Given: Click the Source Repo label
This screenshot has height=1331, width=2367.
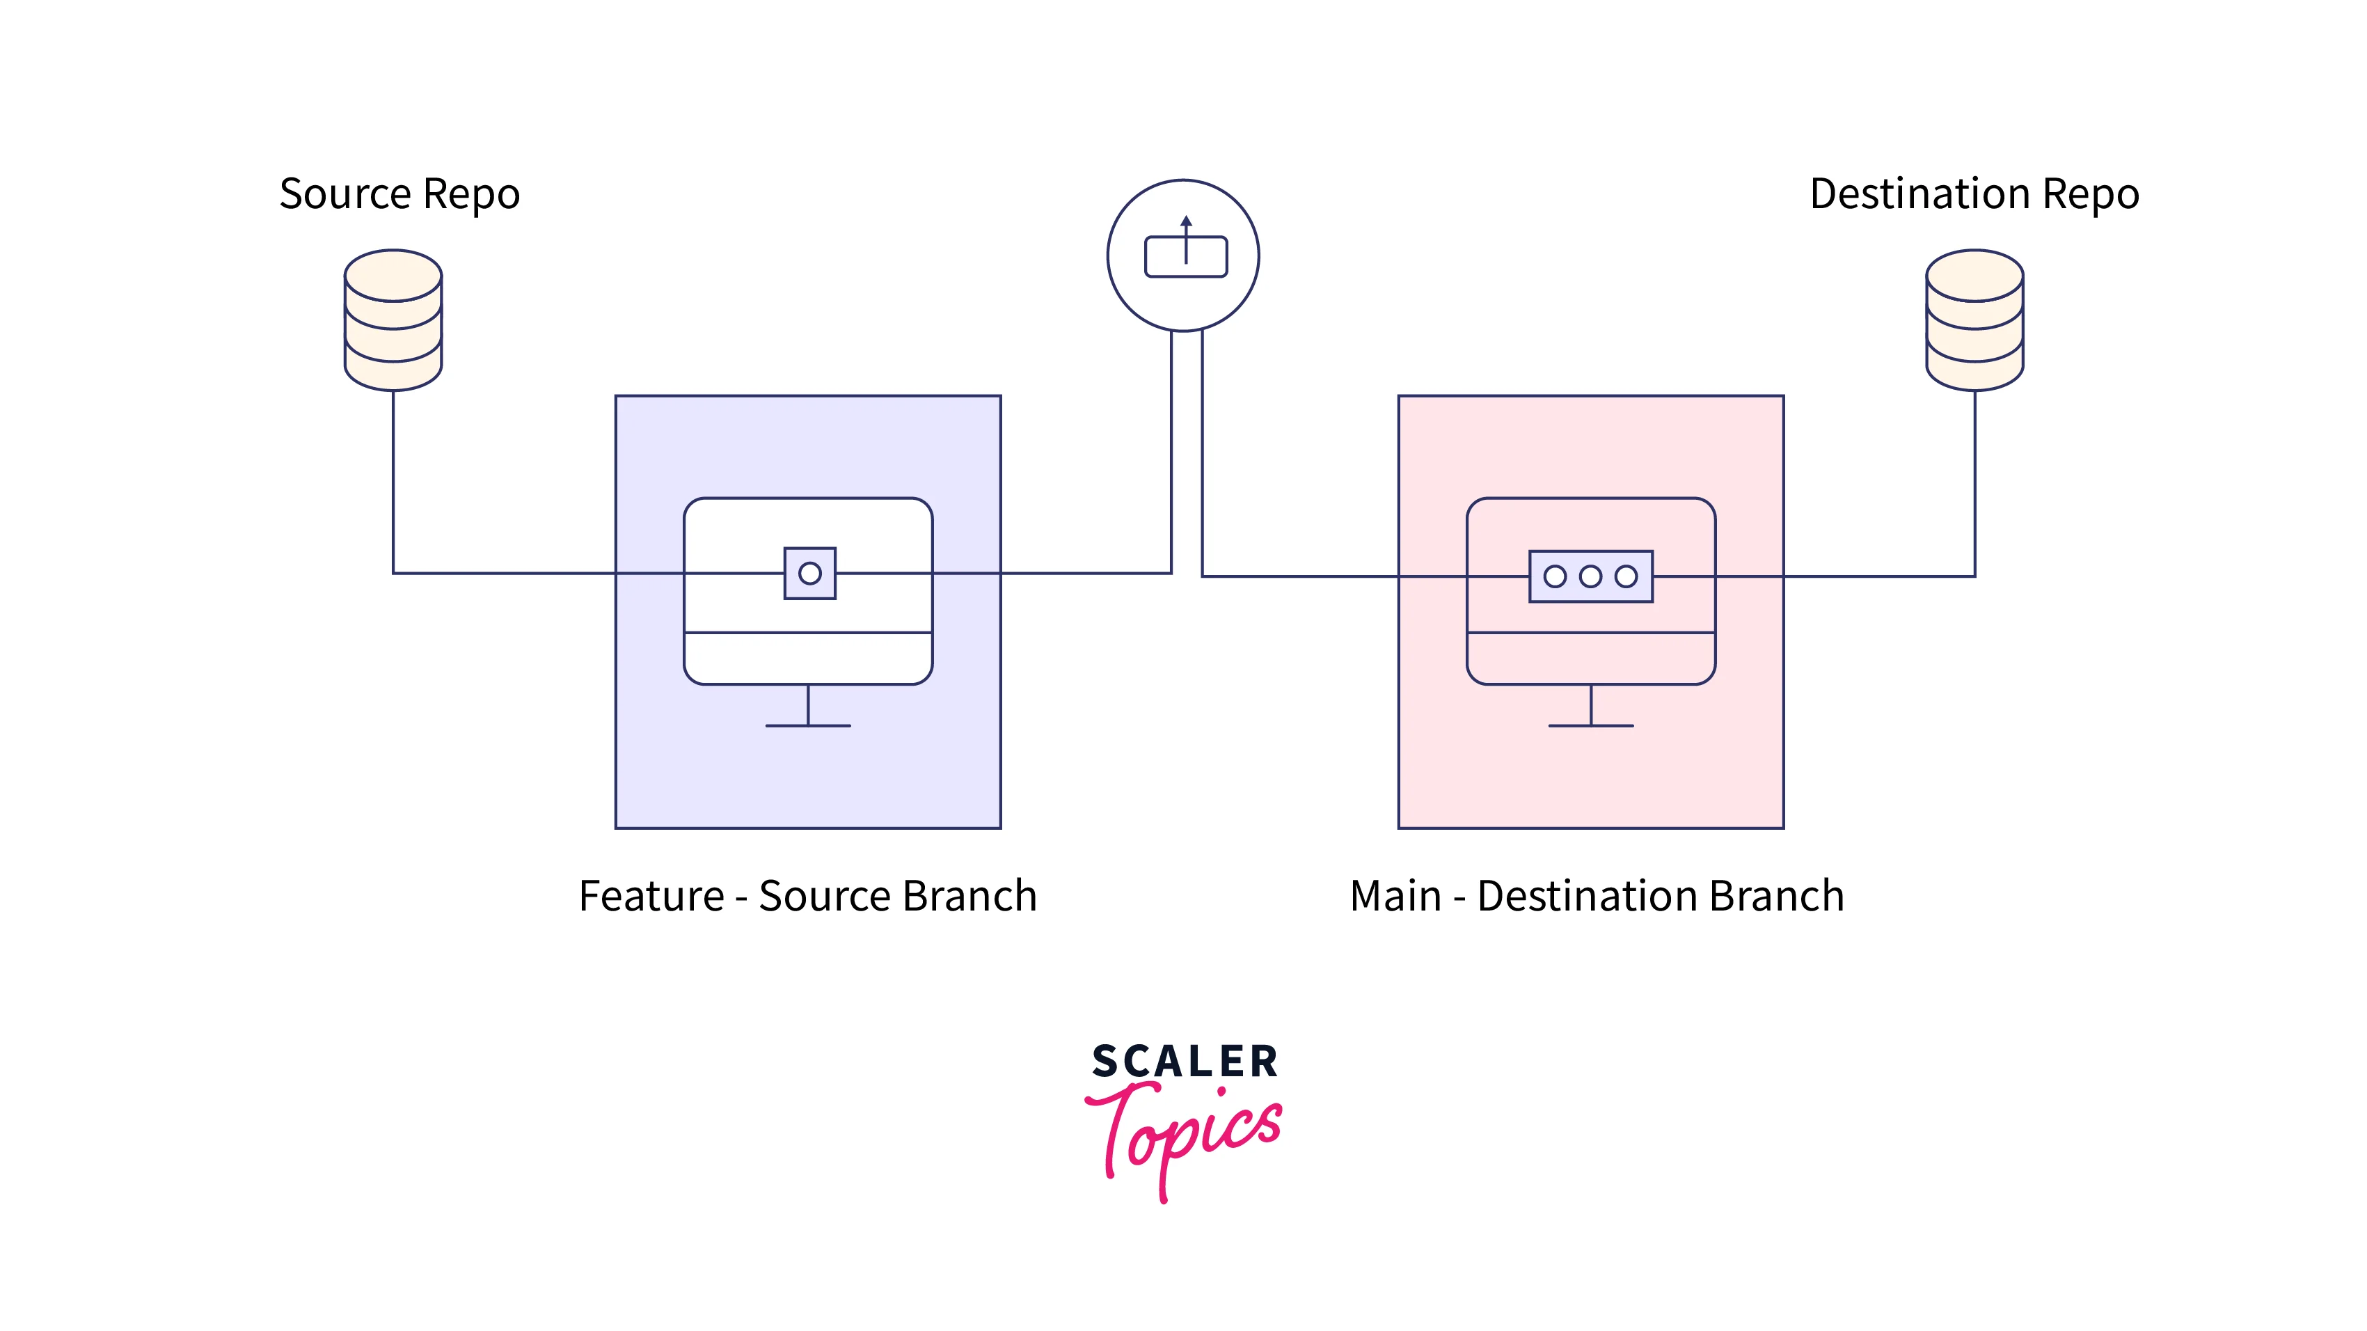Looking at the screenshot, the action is [399, 195].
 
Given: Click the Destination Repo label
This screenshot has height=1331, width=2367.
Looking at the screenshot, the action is [1974, 195].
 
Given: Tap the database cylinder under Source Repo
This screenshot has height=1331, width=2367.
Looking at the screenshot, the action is [393, 320].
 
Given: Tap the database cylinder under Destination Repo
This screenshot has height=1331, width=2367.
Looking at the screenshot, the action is [1974, 320].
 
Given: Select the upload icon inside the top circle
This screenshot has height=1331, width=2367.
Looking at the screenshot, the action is [1185, 247].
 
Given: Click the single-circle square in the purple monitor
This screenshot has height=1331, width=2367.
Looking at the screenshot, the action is [809, 574].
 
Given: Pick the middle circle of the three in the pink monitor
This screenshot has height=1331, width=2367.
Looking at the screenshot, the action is [1590, 576].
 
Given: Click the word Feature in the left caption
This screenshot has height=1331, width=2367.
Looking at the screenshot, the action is [651, 896].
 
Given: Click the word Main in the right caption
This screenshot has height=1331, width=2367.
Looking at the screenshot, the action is [1395, 896].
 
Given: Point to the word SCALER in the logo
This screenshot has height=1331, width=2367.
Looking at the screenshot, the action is [1185, 1062].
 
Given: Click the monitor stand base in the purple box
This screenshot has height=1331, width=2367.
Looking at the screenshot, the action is [808, 726].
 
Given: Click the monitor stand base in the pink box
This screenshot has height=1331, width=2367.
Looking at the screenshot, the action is [1590, 726].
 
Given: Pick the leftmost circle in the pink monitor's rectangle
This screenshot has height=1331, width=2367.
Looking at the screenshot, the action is [1555, 576].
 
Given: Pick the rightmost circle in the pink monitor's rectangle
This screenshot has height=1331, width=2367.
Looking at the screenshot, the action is [1626, 576].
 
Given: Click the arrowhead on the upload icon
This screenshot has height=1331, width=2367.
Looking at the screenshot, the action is [1186, 221].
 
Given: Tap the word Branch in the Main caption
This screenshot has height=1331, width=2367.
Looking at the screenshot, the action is [1776, 896].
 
